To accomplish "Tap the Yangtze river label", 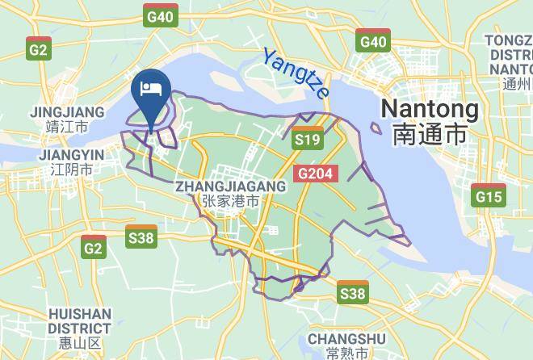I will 296,72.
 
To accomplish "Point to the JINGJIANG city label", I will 67,111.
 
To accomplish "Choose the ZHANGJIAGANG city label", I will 230,186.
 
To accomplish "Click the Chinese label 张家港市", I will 230,202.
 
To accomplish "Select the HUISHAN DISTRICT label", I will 78,320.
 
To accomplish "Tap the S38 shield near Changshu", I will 352,292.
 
